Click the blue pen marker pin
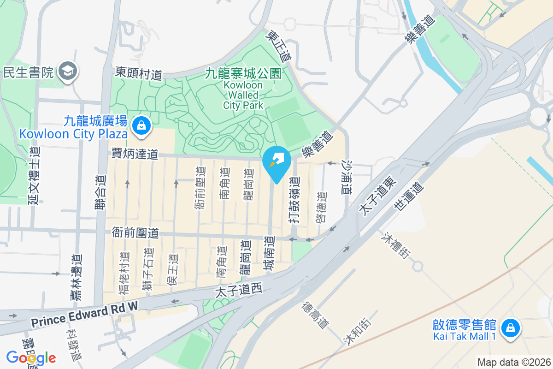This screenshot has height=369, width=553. click(276, 161)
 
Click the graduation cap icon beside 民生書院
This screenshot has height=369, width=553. click(69, 71)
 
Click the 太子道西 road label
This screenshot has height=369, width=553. click(239, 290)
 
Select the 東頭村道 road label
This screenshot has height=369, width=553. click(139, 73)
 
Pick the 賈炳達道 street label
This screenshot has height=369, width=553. click(135, 154)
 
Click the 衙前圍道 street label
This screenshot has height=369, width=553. click(135, 233)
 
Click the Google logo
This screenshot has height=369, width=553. click(31, 357)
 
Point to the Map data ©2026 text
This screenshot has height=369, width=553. click(514, 362)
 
